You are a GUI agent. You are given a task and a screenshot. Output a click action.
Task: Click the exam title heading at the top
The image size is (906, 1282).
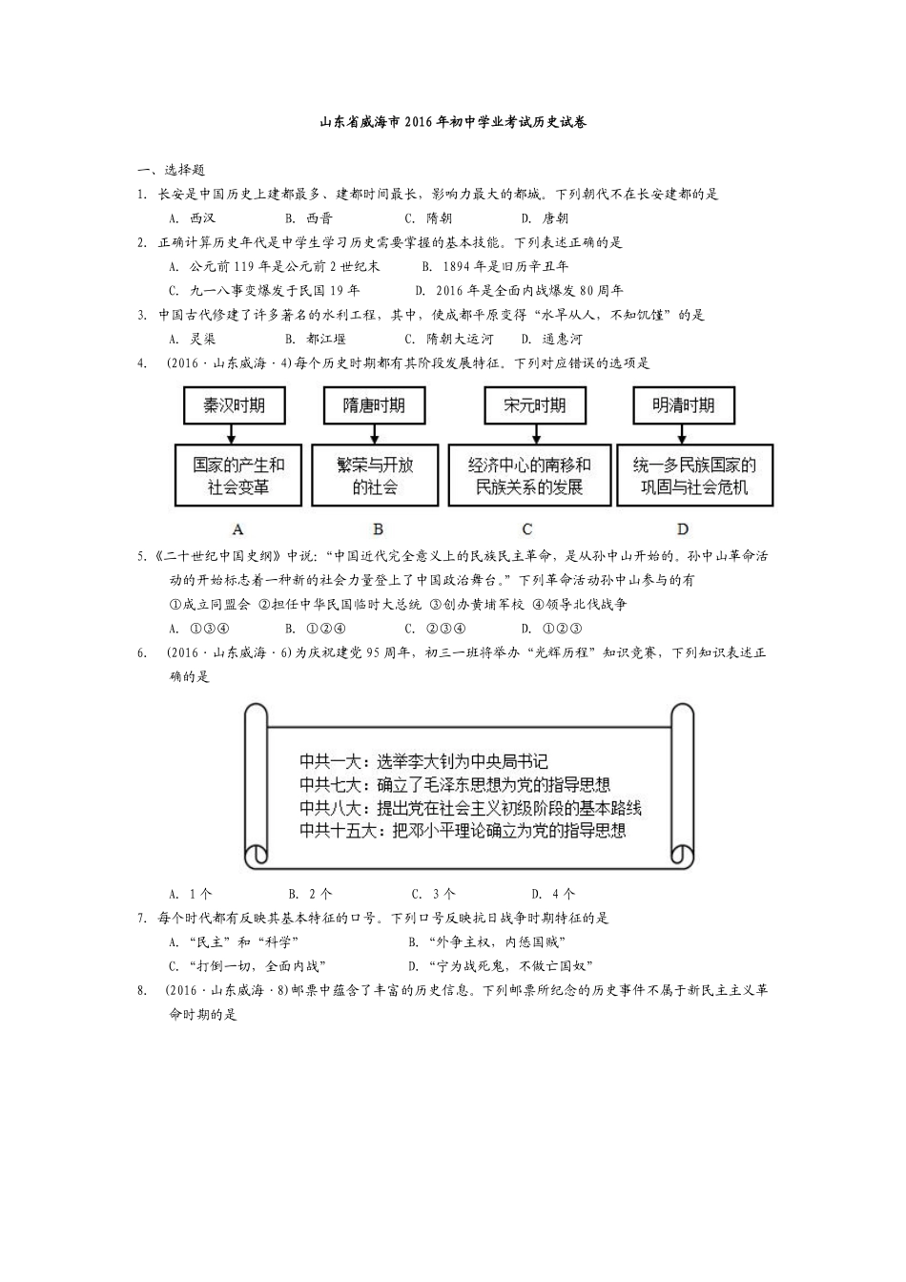pos(452,122)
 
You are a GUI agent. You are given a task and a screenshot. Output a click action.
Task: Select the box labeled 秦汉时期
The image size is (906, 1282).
pos(234,404)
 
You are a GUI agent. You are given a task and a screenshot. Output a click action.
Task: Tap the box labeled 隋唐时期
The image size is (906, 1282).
pos(374,404)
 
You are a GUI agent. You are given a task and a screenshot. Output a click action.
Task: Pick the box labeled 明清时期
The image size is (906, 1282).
pos(683,404)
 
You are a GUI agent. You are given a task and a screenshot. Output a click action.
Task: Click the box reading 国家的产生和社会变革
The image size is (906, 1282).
pos(238,475)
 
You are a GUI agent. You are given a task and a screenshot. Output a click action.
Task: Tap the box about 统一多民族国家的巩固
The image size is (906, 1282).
pos(694,475)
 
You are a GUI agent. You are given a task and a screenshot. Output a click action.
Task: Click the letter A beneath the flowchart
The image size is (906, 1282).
pos(238,528)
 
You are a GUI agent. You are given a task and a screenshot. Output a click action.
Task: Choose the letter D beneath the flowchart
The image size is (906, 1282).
pos(683,528)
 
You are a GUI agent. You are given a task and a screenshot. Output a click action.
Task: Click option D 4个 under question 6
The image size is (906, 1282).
pos(554,894)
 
